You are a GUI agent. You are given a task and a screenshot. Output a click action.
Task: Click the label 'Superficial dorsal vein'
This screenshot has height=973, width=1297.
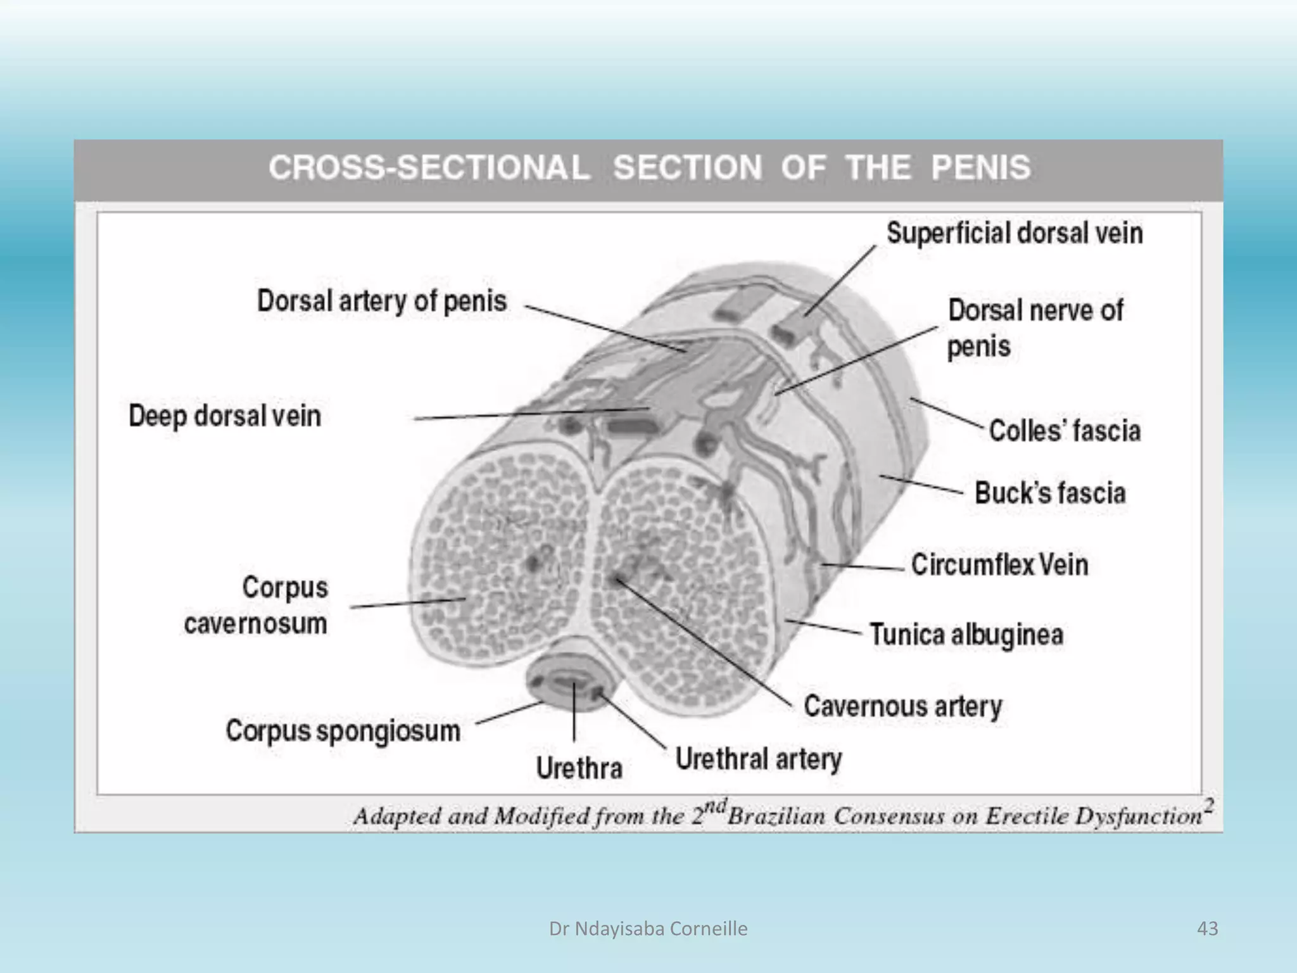(x=1015, y=233)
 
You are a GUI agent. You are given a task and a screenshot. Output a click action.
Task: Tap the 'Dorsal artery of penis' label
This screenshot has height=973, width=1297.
(x=382, y=301)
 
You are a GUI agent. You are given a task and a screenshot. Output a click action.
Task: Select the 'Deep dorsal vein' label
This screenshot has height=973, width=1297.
(x=225, y=416)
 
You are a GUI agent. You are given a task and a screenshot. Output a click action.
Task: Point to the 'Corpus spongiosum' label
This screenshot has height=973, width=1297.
(x=343, y=730)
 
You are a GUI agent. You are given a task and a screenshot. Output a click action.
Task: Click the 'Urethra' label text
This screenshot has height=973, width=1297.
(x=579, y=768)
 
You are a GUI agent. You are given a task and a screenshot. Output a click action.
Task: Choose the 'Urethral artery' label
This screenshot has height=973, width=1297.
(x=758, y=758)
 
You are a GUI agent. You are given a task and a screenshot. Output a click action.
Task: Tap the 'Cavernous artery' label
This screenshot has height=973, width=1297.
(x=902, y=706)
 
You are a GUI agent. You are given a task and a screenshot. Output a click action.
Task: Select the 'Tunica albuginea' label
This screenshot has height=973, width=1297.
(x=966, y=635)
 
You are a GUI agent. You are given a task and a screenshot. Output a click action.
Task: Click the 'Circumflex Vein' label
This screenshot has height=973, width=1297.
(x=999, y=564)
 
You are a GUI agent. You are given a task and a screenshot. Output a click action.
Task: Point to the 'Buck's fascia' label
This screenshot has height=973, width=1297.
(x=1050, y=493)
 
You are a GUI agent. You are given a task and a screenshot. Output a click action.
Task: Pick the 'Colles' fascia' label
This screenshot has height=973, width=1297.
(x=1065, y=431)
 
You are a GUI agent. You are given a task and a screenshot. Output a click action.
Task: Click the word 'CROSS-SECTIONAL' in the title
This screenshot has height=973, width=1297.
(x=429, y=168)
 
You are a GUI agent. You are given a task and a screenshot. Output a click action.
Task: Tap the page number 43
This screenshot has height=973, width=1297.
(x=1208, y=929)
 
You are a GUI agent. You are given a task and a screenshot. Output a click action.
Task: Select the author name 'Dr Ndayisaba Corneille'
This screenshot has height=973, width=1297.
(x=648, y=929)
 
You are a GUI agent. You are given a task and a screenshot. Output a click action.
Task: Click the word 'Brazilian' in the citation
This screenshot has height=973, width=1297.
(x=776, y=816)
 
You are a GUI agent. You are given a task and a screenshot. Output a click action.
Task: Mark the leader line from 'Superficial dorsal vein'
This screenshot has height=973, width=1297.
(x=840, y=281)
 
